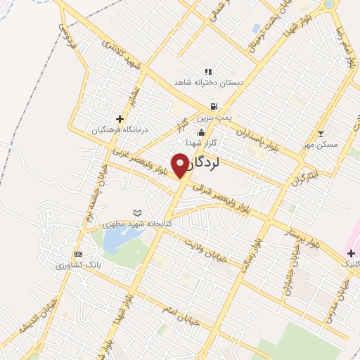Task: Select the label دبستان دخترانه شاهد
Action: click(x=209, y=82)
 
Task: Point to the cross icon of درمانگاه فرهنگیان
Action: click(x=120, y=119)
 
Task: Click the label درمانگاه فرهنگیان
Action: click(x=119, y=130)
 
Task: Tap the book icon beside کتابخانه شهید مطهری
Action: click(x=137, y=213)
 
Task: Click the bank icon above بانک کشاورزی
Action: click(x=79, y=254)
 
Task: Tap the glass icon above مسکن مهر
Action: click(x=321, y=134)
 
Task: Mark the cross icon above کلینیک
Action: click(x=351, y=252)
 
